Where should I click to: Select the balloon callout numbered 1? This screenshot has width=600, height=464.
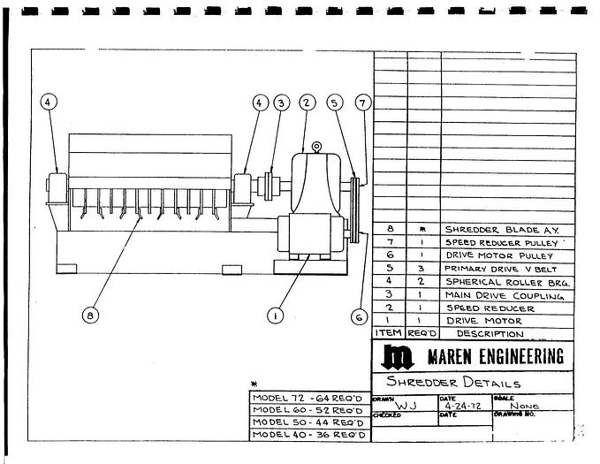(x=276, y=314)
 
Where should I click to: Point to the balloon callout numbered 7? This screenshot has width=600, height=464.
(x=361, y=102)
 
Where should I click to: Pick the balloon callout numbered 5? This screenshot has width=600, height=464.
(x=333, y=102)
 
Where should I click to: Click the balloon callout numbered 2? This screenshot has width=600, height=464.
(x=306, y=102)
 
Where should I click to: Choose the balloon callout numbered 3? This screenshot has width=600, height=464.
(x=281, y=102)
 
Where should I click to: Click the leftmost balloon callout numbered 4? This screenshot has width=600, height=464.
(x=48, y=102)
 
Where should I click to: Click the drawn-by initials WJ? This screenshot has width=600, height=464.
(x=406, y=407)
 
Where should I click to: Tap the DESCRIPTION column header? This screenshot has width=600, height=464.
(x=490, y=334)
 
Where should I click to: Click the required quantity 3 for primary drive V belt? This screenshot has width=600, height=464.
(x=423, y=269)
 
